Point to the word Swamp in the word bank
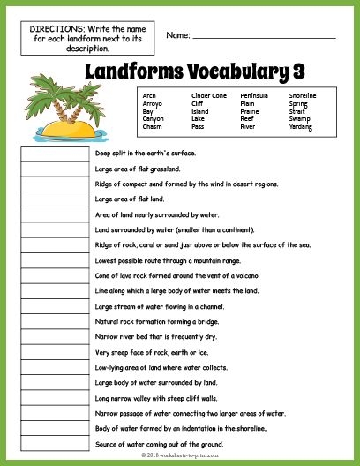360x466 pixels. (x=299, y=119)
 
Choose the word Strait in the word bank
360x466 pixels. (x=297, y=111)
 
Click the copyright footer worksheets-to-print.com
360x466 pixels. (x=179, y=456)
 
